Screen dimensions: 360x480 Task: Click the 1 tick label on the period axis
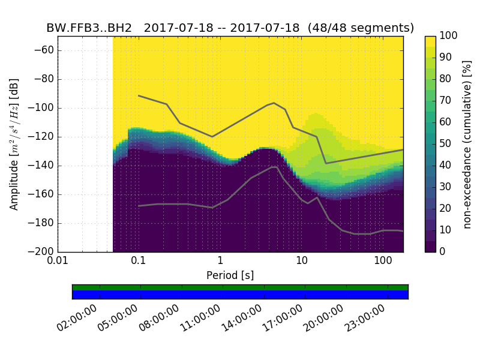pyautogui.click(x=220, y=262)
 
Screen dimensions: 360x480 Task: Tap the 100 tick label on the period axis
pyautogui.click(x=383, y=262)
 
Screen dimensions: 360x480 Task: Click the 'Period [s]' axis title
pyautogui.click(x=230, y=275)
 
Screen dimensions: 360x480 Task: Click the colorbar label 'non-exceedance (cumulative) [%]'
pyautogui.click(x=468, y=144)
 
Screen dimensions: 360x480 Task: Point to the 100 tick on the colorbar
pyautogui.click(x=449, y=36)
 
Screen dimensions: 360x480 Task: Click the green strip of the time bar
pyautogui.click(x=240, y=287)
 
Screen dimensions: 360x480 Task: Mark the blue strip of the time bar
pyautogui.click(x=240, y=295)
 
